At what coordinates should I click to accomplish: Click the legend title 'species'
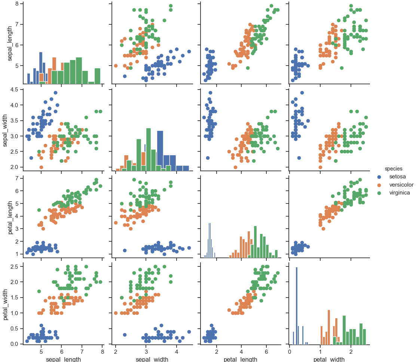tap(394, 169)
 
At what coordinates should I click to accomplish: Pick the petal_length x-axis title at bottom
tap(241, 359)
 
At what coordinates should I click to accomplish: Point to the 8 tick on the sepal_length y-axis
tap(17, 4)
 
